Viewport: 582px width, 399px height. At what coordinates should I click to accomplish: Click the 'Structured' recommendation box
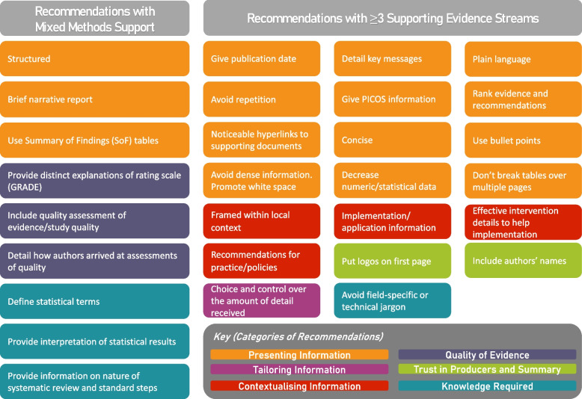point(94,58)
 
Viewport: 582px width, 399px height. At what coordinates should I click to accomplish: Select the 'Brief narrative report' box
point(94,99)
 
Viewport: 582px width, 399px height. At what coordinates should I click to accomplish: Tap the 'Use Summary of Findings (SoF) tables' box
point(94,140)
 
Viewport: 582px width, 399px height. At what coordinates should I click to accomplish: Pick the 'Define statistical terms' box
point(94,302)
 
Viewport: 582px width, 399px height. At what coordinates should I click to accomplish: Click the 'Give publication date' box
point(262,58)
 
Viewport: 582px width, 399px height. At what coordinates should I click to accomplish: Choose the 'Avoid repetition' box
point(262,99)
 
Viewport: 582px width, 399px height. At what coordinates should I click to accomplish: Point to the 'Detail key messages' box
point(392,58)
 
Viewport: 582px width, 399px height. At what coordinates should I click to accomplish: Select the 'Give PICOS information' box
point(392,99)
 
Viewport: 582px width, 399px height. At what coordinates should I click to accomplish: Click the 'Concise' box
point(392,140)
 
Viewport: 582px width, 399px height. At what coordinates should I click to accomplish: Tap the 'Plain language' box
point(523,58)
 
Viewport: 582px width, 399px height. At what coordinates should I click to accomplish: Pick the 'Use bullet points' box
point(523,140)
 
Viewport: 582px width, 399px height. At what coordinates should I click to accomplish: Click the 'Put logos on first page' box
point(392,261)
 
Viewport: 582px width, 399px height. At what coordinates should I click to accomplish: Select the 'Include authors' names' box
point(523,261)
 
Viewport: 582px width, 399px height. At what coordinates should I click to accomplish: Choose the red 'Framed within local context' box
point(262,221)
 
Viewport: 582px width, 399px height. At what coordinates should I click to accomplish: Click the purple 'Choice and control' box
point(262,301)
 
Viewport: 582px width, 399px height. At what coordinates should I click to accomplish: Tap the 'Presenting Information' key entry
point(299,355)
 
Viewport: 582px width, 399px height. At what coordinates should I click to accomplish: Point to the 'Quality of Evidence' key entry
point(487,355)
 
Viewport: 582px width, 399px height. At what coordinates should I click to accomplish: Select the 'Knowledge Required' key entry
point(487,386)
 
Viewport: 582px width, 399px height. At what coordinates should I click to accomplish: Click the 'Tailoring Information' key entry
point(299,370)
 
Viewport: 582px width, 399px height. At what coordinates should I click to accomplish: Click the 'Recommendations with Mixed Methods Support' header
point(94,18)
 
